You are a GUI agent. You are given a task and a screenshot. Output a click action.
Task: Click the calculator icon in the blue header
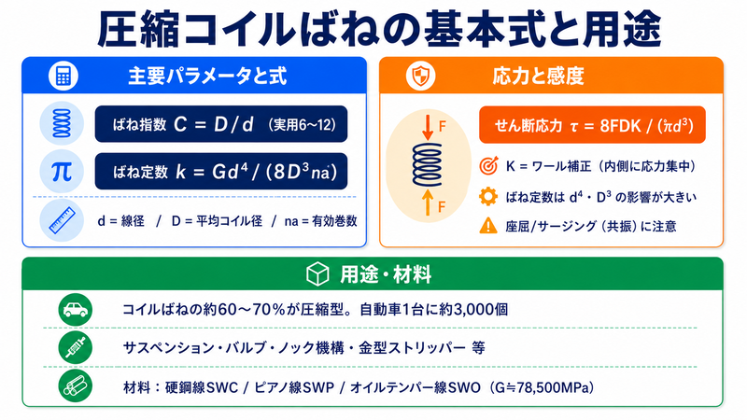pos(63,77)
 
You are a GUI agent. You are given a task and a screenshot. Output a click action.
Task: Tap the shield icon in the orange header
pos(421,76)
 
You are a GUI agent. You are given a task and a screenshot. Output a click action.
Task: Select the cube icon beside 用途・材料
pos(317,274)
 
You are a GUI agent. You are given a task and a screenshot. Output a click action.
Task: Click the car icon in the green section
pos(76,310)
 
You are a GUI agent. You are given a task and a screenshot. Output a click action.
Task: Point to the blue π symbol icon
pos(62,172)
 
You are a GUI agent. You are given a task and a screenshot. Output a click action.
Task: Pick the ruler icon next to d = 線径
pos(62,220)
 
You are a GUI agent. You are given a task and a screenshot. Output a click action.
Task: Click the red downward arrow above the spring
pos(428,127)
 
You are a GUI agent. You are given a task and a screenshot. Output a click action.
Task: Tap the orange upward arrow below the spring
pos(428,202)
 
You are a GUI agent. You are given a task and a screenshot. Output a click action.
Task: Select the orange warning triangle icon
pos(488,225)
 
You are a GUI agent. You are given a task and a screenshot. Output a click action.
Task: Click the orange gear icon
pos(488,196)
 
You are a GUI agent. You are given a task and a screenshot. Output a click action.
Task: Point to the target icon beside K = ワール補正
pos(488,166)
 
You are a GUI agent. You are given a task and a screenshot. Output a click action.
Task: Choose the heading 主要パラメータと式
pos(207,77)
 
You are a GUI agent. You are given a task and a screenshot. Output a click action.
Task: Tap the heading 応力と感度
pos(538,77)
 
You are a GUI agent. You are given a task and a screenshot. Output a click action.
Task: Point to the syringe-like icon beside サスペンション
pos(76,347)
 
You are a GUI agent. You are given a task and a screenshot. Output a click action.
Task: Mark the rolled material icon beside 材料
pos(76,386)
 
